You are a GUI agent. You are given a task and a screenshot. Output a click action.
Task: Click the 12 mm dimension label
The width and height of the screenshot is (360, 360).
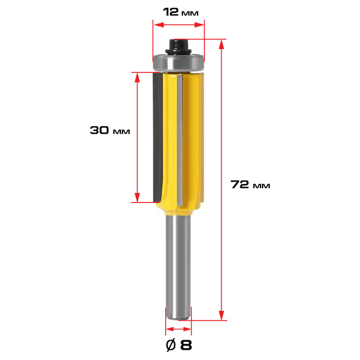tap(181, 12)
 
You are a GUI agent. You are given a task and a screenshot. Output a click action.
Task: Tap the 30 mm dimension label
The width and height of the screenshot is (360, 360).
tap(110, 130)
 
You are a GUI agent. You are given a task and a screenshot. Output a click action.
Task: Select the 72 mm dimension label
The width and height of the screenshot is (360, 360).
tap(250, 184)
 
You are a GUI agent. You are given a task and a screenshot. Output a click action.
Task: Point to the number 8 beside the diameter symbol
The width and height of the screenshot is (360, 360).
tap(186, 345)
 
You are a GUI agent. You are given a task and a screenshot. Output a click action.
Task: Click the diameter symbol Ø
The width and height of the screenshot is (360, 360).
tap(171, 345)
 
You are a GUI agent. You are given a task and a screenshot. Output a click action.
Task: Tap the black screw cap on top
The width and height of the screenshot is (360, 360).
tap(178, 47)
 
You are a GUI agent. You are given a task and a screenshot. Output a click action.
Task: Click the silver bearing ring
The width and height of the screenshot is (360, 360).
tap(178, 63)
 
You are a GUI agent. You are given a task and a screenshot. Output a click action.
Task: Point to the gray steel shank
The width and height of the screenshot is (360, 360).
tap(178, 266)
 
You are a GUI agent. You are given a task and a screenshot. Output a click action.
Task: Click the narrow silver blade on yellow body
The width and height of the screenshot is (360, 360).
tap(179, 140)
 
